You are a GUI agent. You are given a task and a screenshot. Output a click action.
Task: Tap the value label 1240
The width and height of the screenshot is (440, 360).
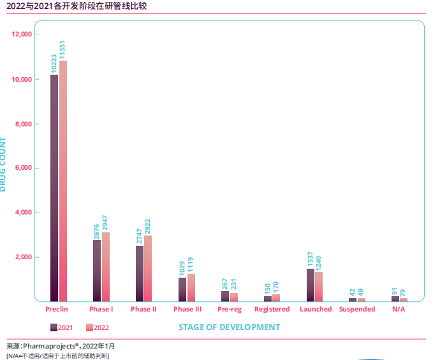tap(319, 261)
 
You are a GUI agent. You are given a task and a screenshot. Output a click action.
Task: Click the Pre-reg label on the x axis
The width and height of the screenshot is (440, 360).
tap(230, 310)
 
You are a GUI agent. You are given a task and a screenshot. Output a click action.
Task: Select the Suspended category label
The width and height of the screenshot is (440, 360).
tap(357, 310)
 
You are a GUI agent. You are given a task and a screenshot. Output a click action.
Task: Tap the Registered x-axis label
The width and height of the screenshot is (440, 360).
tap(272, 310)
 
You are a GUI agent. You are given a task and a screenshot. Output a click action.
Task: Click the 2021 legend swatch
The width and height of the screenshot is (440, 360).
tap(54, 327)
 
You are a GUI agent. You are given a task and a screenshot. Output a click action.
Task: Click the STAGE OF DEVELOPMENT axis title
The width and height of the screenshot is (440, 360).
tap(229, 327)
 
